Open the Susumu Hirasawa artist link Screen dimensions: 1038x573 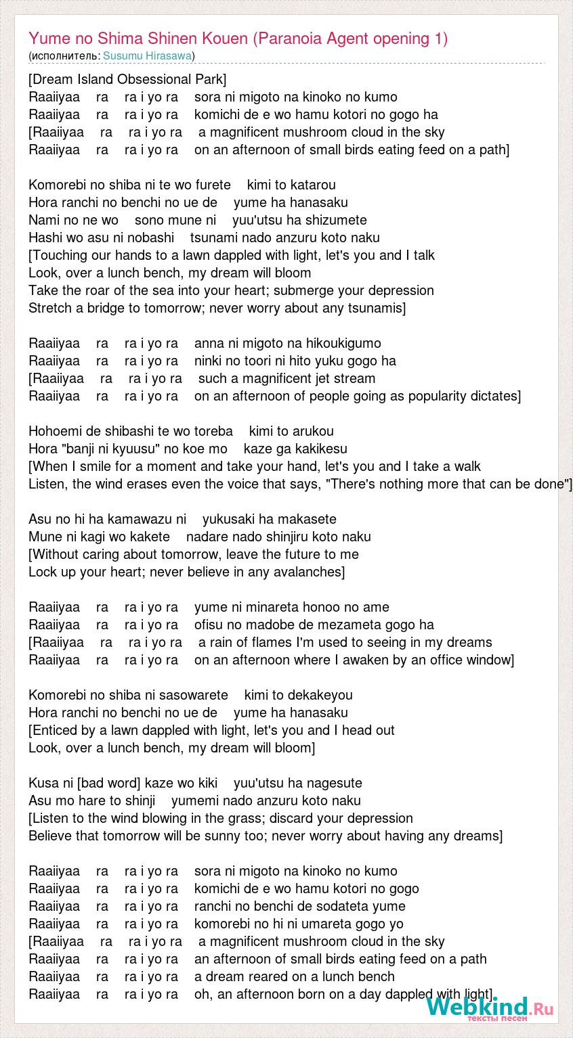(x=148, y=55)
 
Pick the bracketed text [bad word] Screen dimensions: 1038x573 (x=109, y=783)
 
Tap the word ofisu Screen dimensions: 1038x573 (x=210, y=625)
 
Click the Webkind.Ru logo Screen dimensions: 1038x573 (x=489, y=1008)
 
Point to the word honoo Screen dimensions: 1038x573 (x=322, y=607)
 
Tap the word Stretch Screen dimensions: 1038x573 (x=49, y=308)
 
